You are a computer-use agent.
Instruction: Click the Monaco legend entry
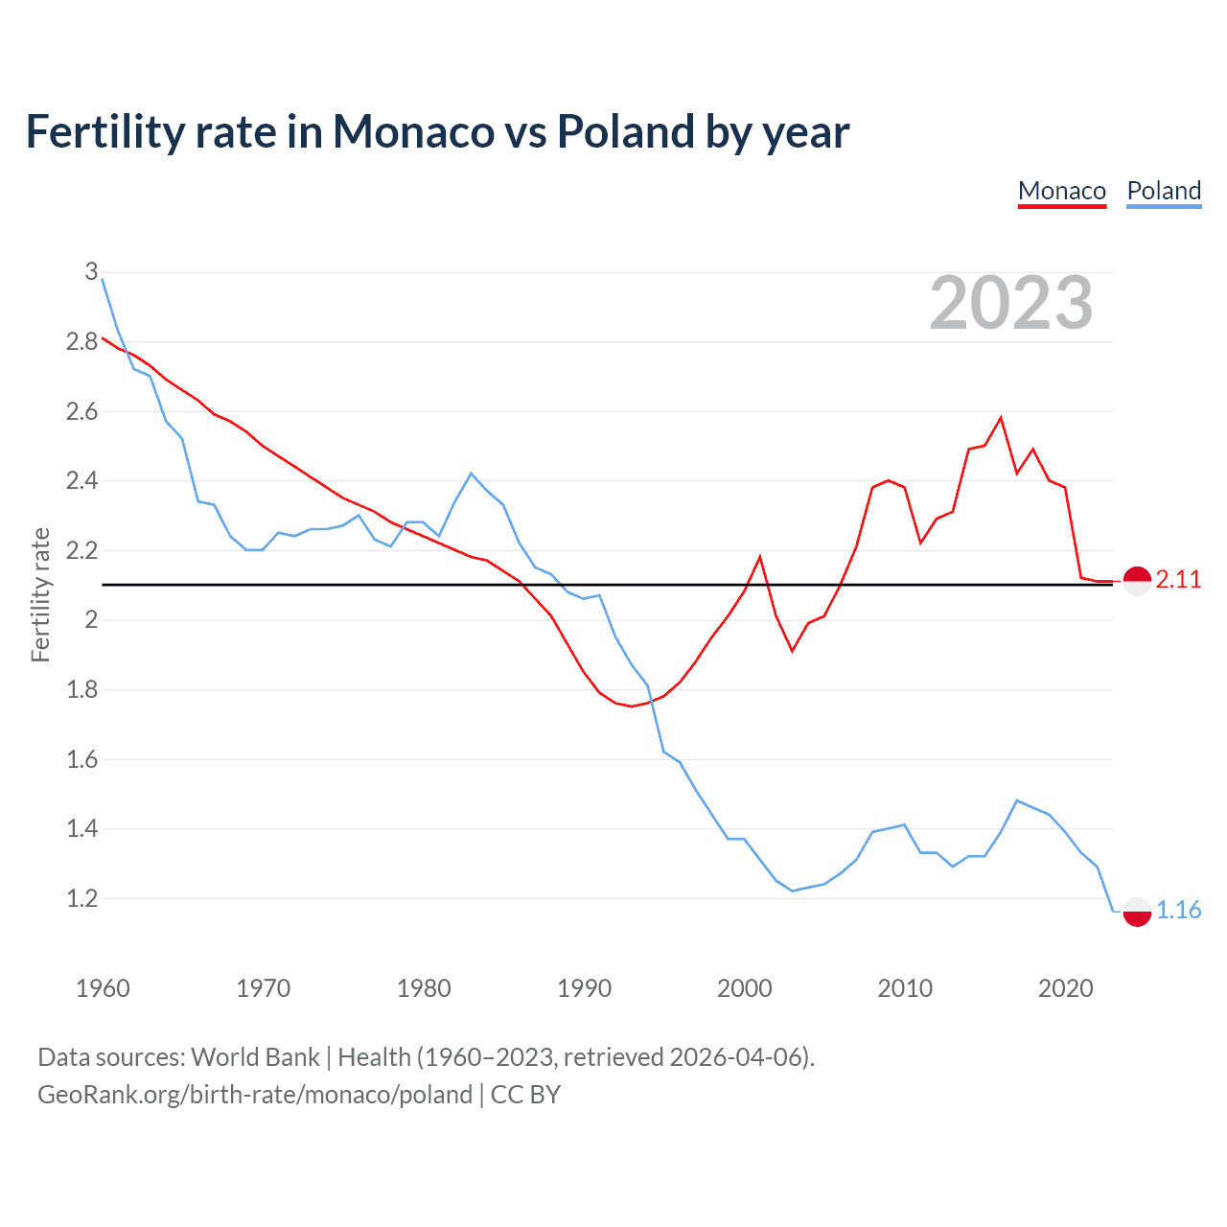click(1062, 191)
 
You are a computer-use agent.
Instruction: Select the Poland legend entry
click(1164, 191)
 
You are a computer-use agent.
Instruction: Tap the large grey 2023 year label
click(1011, 303)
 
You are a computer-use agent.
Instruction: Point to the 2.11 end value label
click(1178, 579)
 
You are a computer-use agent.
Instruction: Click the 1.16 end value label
click(1178, 910)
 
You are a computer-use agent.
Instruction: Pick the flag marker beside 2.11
click(1137, 581)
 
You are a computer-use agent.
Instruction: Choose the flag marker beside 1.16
click(1137, 912)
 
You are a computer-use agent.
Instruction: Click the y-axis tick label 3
click(91, 272)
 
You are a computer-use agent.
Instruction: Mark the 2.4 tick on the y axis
click(81, 481)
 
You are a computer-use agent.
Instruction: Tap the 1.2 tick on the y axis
click(81, 899)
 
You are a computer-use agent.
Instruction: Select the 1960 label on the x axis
click(103, 988)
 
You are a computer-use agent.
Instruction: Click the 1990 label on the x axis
click(584, 988)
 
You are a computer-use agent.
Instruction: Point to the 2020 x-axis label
click(1065, 988)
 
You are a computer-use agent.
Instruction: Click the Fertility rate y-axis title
click(40, 594)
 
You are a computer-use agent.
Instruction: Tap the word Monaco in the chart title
click(413, 132)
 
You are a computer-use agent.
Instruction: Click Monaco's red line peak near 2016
click(1001, 418)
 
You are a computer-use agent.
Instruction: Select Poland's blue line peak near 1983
click(471, 474)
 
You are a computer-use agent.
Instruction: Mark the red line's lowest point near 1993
click(632, 706)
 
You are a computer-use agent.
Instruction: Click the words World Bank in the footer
click(255, 1057)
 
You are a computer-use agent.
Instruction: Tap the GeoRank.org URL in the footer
click(255, 1095)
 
